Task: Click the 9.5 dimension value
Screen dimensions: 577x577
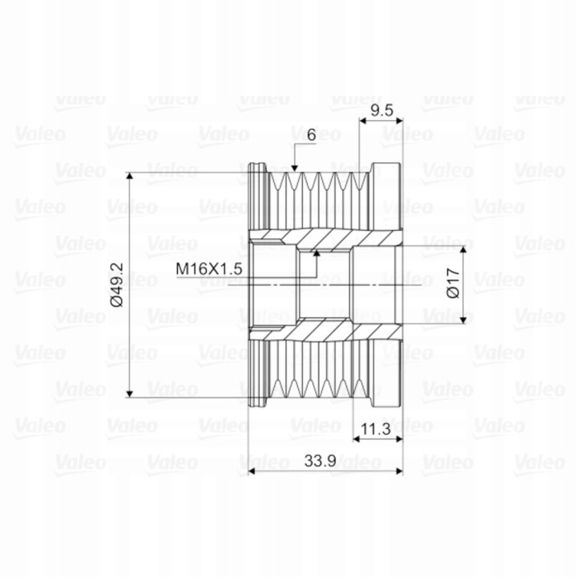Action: click(382, 110)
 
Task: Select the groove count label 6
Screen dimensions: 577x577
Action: click(311, 135)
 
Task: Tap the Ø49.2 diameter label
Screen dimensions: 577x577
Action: click(117, 284)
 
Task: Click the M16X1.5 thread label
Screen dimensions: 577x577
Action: click(208, 269)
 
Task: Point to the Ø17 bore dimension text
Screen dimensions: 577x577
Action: click(453, 284)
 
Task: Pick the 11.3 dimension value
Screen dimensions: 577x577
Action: click(375, 429)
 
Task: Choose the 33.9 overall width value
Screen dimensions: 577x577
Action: click(320, 460)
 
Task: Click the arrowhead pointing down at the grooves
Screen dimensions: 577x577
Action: click(294, 168)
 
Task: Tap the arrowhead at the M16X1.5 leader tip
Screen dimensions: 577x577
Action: click(316, 252)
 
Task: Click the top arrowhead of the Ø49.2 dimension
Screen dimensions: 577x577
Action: click(129, 176)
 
